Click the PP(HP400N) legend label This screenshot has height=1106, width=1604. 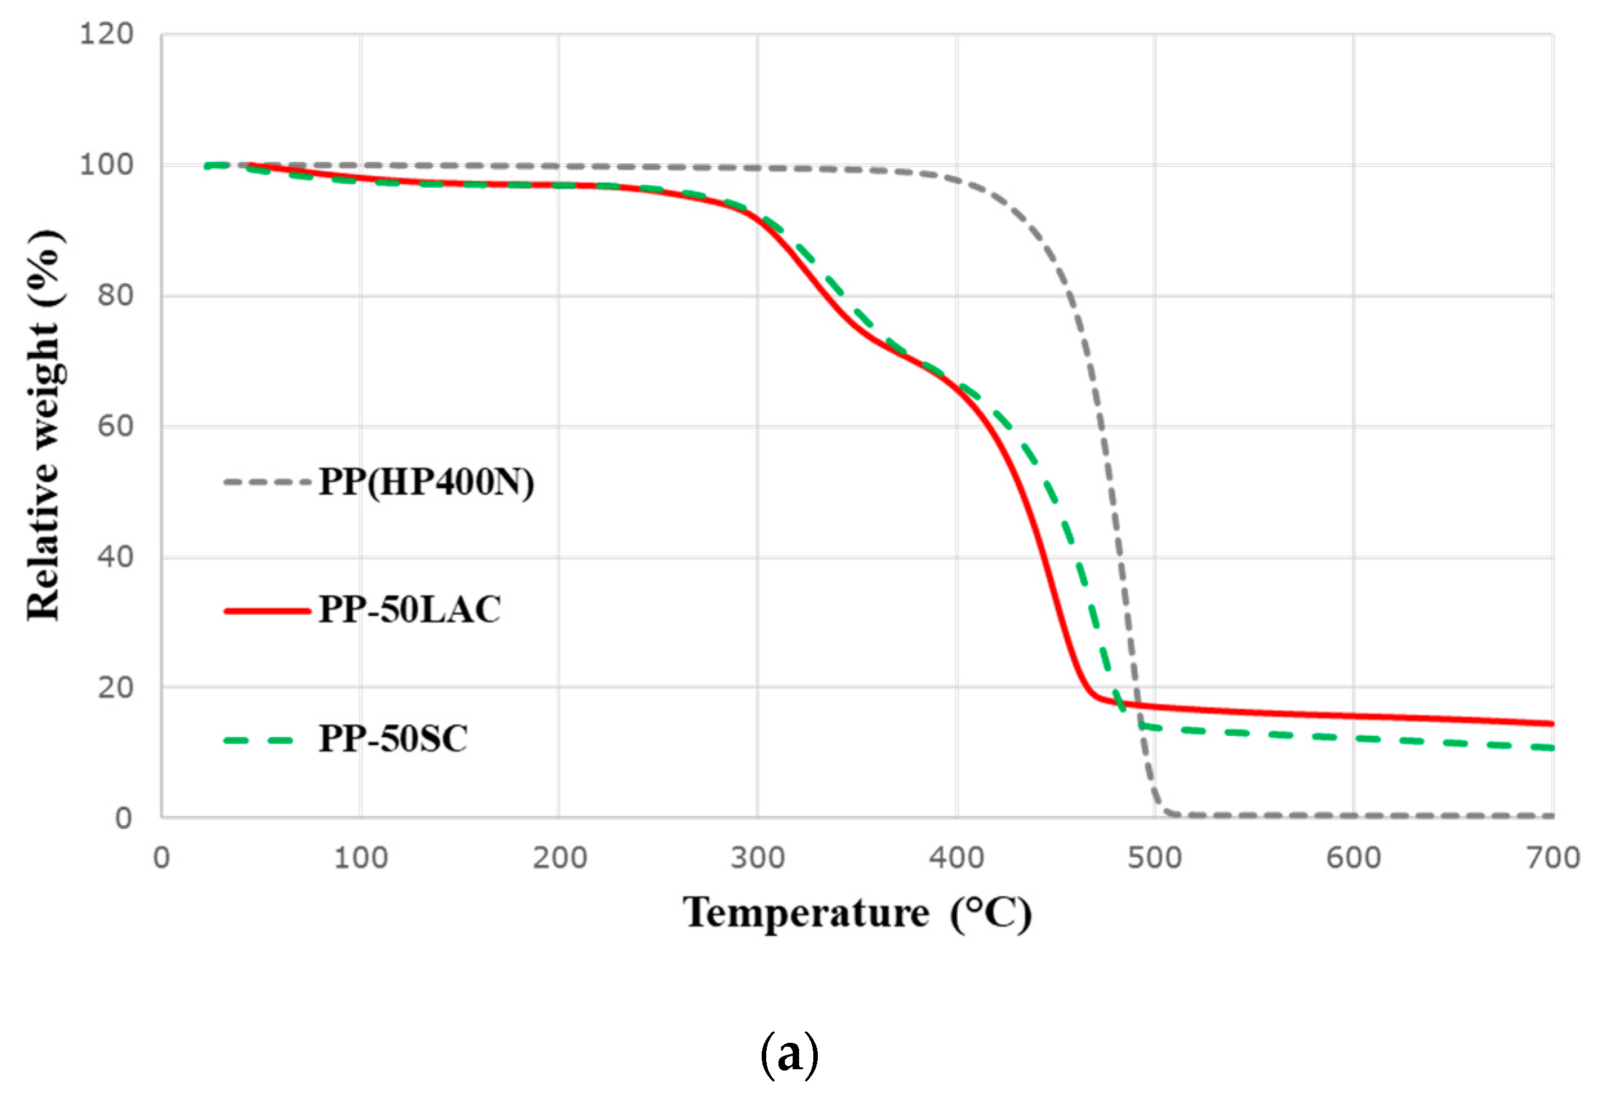(426, 482)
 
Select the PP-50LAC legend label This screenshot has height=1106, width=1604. (410, 610)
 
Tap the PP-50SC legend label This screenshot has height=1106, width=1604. (393, 738)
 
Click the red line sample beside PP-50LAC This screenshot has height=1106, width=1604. (267, 611)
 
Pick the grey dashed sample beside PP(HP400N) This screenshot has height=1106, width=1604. (267, 482)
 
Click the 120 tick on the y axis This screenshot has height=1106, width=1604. (106, 34)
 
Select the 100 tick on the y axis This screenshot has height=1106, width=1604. (106, 164)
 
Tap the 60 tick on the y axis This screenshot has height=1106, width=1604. (114, 426)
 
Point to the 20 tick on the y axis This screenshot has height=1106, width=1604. (114, 687)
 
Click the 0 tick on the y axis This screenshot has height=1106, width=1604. (123, 818)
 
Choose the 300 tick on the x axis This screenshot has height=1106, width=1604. (757, 858)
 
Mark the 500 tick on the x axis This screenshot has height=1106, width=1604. (1154, 858)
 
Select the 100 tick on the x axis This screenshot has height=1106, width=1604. (361, 858)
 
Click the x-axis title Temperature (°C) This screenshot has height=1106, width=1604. (857, 913)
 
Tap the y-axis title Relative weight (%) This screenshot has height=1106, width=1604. (46, 426)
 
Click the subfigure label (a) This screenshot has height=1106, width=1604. (789, 1054)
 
